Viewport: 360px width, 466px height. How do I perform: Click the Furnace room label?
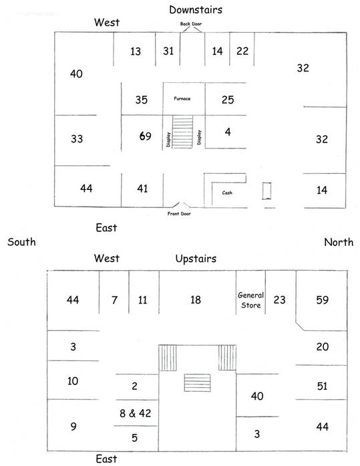[x=182, y=98]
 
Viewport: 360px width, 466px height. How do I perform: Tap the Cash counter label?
[x=227, y=193]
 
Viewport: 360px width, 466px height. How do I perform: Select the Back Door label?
[x=191, y=24]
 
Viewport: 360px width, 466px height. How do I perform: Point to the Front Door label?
[x=179, y=213]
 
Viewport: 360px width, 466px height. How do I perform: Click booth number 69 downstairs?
[x=146, y=136]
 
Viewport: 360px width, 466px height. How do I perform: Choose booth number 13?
[x=136, y=51]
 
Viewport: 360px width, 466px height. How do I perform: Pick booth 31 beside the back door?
[x=168, y=51]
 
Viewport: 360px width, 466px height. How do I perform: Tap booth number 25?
[x=228, y=100]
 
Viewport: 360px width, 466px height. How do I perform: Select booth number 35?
[x=142, y=100]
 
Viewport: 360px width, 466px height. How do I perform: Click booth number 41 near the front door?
[x=142, y=189]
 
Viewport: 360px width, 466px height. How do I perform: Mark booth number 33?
[x=77, y=139]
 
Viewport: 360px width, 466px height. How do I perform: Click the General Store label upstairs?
[x=250, y=300]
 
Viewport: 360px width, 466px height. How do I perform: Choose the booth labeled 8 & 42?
[x=136, y=413]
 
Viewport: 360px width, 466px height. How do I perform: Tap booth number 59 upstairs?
[x=323, y=300]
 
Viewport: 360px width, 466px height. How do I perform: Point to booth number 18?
[x=196, y=300]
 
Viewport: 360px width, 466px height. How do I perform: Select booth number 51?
[x=322, y=386]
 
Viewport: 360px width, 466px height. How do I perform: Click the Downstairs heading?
[x=196, y=10]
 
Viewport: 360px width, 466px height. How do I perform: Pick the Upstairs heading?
[x=196, y=259]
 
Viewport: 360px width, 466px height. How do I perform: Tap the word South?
[x=21, y=242]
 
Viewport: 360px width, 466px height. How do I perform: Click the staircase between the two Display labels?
[x=182, y=132]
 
